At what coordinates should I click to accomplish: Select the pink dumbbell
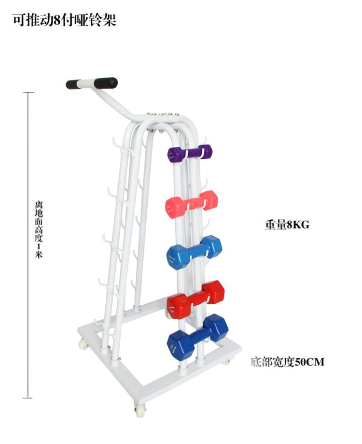[x=192, y=202]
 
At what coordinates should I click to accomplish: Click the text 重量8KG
[x=286, y=225]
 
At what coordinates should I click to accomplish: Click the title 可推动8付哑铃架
[x=65, y=20]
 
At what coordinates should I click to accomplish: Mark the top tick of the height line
[x=28, y=92]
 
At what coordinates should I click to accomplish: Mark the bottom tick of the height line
[x=28, y=398]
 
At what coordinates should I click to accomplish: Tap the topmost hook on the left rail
[x=115, y=142]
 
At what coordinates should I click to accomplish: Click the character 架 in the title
[x=110, y=20]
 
